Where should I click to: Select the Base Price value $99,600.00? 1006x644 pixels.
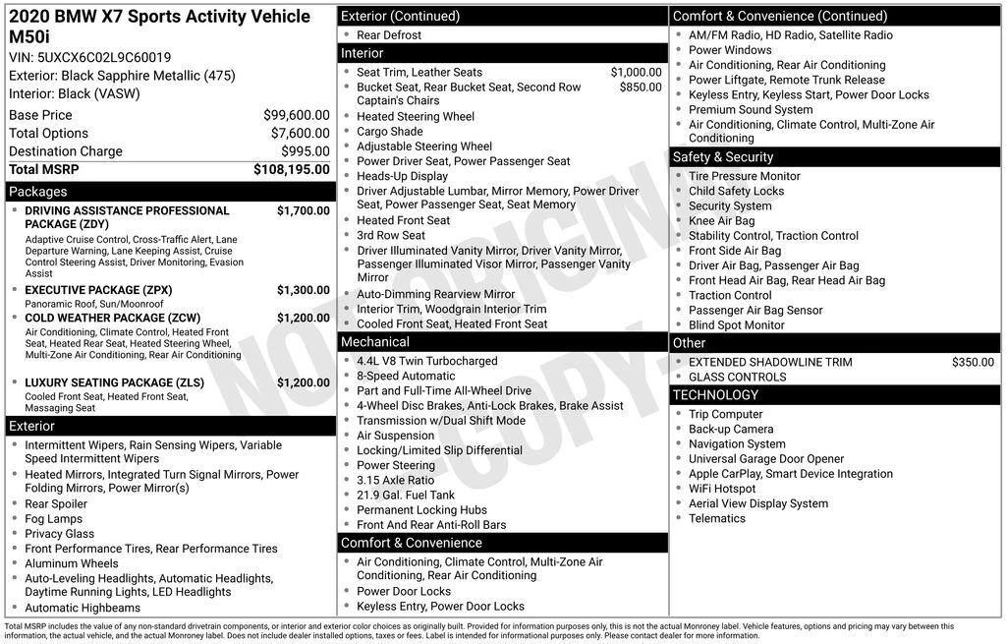coord(296,115)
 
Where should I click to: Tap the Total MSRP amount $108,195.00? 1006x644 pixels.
coord(291,169)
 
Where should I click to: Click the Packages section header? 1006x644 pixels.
coord(37,192)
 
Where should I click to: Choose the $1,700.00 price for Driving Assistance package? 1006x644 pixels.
coord(303,210)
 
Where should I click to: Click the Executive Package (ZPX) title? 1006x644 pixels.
coord(97,290)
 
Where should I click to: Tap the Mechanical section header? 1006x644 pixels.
coord(374,342)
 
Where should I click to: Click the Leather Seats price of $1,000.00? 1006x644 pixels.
coord(636,72)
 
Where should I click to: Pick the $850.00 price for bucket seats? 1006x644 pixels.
coord(641,87)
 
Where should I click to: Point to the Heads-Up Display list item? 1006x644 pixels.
coord(402,176)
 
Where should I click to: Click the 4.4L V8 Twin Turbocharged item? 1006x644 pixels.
coord(426,361)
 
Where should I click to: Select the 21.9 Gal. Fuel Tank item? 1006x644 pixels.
coord(406,495)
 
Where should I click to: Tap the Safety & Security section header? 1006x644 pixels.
coord(722,157)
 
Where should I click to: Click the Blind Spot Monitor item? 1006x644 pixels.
coord(736,324)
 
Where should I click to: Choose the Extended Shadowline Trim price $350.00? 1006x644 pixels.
coord(973,362)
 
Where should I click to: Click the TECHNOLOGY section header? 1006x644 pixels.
coord(715,395)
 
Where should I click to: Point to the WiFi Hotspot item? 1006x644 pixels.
coord(722,489)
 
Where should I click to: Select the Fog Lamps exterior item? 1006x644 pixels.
coord(53,519)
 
